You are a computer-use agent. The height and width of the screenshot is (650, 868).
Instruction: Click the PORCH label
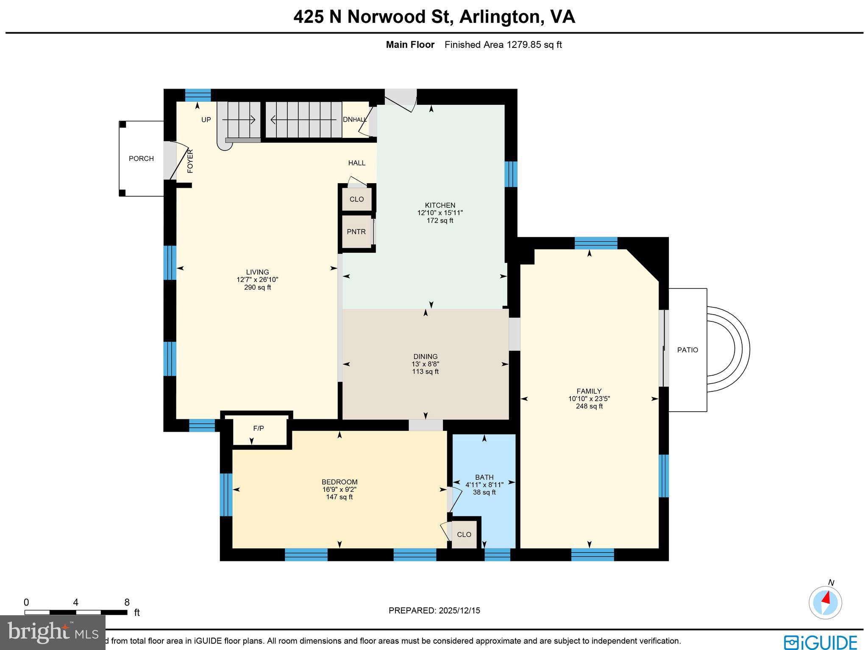(141, 159)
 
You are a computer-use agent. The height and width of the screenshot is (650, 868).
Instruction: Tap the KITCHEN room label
(440, 205)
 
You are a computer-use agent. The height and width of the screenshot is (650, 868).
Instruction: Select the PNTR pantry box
(356, 232)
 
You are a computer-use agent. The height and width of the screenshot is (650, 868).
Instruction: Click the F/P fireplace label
(259, 429)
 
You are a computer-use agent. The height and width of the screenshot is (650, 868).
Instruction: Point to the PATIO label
(687, 350)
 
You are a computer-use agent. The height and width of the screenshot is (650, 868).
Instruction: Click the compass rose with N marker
(825, 603)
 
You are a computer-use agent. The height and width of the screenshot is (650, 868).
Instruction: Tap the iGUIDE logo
(820, 642)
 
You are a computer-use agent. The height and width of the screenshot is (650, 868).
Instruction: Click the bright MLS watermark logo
(53, 632)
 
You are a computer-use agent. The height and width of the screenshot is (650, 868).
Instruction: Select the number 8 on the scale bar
(127, 603)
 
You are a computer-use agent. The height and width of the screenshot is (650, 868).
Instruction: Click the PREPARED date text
(434, 611)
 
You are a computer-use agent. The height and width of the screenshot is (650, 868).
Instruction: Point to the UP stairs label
(206, 120)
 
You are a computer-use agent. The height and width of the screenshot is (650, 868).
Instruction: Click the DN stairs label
(347, 120)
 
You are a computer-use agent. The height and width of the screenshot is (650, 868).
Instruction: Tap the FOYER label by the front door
(190, 161)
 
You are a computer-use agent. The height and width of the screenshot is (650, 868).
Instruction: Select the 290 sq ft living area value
(257, 287)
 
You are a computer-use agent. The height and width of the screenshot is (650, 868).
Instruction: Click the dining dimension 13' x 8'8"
(425, 364)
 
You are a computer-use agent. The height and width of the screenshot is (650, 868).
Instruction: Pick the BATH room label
(484, 477)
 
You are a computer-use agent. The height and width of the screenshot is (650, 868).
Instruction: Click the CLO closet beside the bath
(464, 535)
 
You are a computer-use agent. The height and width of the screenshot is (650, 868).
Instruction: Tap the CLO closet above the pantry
(356, 199)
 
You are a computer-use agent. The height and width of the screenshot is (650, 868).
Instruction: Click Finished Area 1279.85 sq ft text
(503, 45)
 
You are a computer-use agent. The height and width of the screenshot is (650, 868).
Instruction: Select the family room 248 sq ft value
(589, 406)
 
